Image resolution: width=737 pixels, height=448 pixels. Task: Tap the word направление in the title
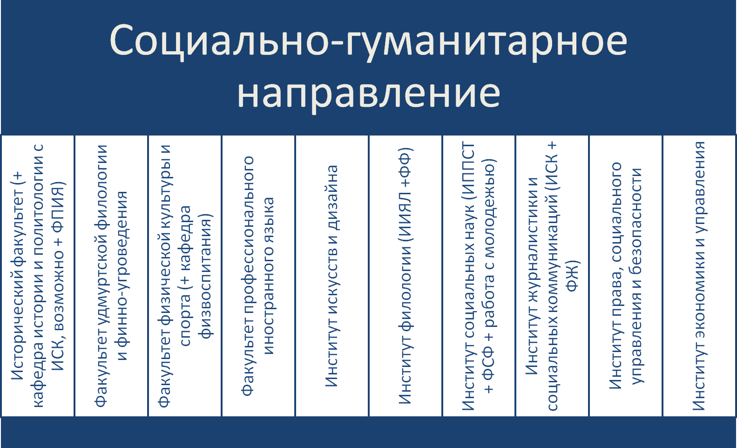[x=369, y=94]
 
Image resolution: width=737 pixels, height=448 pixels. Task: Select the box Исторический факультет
[x=38, y=276]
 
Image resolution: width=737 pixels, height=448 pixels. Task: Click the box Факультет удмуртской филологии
[x=111, y=276]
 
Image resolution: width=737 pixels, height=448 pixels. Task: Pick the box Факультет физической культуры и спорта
[x=185, y=276]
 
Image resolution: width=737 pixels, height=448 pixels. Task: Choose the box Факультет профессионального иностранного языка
[x=258, y=276]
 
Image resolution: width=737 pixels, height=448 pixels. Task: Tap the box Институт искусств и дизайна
[x=331, y=276]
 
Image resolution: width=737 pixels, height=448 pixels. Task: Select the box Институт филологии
[x=406, y=276]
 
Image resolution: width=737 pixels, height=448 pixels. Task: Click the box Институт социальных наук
[x=479, y=276]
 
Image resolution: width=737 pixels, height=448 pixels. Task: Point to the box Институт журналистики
[x=552, y=276]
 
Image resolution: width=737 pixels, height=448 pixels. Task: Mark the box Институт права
[x=625, y=276]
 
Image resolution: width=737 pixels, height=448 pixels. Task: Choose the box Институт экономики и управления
[x=699, y=276]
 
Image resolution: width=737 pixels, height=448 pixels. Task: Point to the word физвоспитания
[x=206, y=276]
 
